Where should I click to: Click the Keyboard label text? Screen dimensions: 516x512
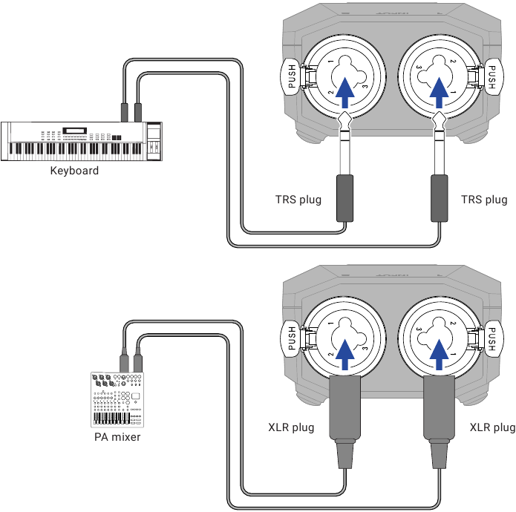74,171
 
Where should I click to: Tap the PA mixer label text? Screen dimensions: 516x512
117,437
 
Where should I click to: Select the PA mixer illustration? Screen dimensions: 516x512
117,399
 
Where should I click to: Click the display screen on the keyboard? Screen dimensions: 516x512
75,130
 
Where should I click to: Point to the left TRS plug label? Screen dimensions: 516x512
298,200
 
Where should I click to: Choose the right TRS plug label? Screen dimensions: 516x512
484,200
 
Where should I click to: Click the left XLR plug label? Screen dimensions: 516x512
291,427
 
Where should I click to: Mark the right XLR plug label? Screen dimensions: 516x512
493,427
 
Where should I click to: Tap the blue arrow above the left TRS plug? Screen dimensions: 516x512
345,93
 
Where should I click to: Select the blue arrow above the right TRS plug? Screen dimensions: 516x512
439,93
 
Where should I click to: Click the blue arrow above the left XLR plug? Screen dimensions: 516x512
345,355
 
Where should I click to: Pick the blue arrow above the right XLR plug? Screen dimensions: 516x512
439,355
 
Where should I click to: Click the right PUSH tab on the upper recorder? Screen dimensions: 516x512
493,77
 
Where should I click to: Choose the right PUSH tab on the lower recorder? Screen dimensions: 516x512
493,338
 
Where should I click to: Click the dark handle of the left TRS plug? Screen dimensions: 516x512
345,198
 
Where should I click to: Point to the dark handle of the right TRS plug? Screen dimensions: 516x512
440,198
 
